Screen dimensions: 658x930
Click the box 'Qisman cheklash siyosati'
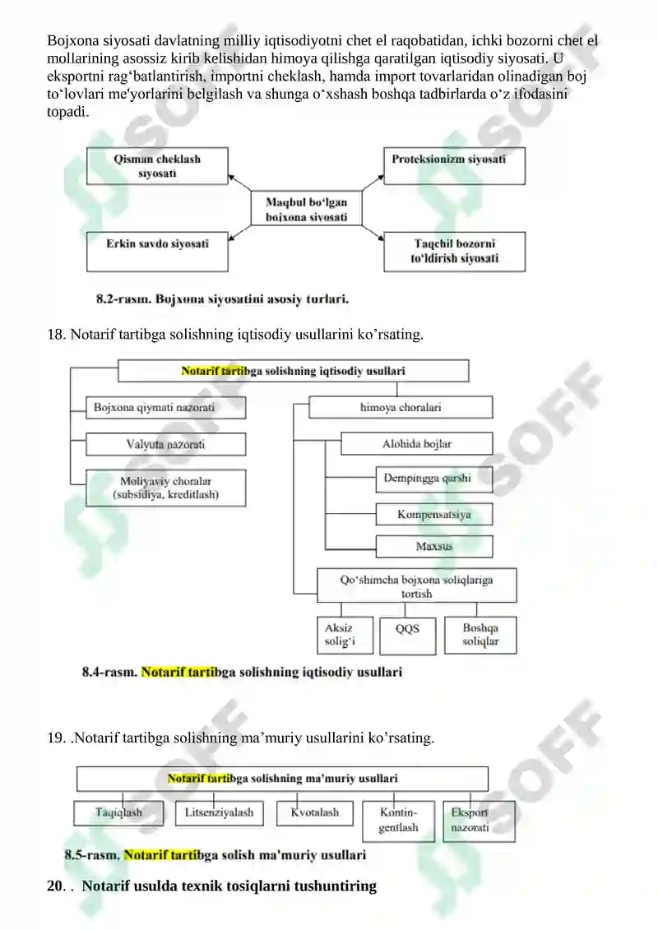(x=157, y=166)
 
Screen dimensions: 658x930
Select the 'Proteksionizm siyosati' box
(x=455, y=165)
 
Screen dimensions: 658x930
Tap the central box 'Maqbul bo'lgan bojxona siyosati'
(x=306, y=208)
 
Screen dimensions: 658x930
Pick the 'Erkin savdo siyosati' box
(x=157, y=252)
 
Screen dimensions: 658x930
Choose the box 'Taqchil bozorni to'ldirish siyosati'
(x=455, y=252)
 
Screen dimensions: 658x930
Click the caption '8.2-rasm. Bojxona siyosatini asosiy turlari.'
(x=223, y=299)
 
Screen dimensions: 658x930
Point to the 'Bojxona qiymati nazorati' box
(x=165, y=408)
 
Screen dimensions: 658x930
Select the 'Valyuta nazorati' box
(x=165, y=444)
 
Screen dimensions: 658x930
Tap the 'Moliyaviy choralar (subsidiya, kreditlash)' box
(x=165, y=488)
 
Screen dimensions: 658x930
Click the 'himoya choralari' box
(x=401, y=408)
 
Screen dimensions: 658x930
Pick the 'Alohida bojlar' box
(x=416, y=444)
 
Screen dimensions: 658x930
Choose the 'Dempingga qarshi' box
(x=434, y=479)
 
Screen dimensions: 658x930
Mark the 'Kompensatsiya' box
(x=434, y=514)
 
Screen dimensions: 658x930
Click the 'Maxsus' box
(x=434, y=546)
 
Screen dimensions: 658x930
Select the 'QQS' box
(x=408, y=636)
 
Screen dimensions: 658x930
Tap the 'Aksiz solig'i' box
(x=345, y=636)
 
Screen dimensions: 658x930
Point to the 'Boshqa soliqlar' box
(x=480, y=636)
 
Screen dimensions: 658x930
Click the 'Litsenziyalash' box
(x=220, y=813)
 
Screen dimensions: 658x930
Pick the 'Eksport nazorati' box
(x=479, y=821)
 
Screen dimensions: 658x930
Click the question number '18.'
(x=57, y=335)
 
